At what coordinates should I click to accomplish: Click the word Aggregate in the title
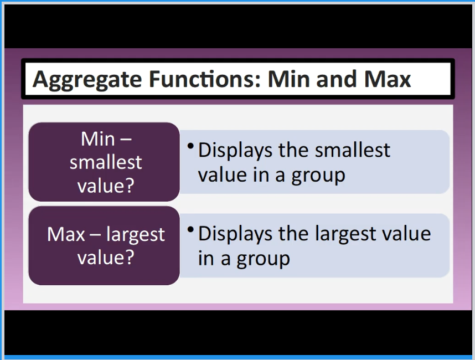(x=87, y=80)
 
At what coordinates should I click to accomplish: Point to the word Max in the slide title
(x=388, y=79)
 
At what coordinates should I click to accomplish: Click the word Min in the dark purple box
(x=98, y=139)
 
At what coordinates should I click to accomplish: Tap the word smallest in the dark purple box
(x=106, y=162)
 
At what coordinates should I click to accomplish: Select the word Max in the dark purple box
(x=66, y=234)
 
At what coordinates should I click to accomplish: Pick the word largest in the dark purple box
(x=136, y=235)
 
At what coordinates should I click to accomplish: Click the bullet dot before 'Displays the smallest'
(x=190, y=146)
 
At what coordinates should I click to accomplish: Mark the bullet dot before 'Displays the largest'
(x=190, y=229)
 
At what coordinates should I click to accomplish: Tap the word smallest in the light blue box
(x=353, y=150)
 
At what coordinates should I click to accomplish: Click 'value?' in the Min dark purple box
(x=106, y=186)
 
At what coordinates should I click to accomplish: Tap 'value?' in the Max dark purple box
(x=106, y=258)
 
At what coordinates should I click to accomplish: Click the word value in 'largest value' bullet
(x=406, y=234)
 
